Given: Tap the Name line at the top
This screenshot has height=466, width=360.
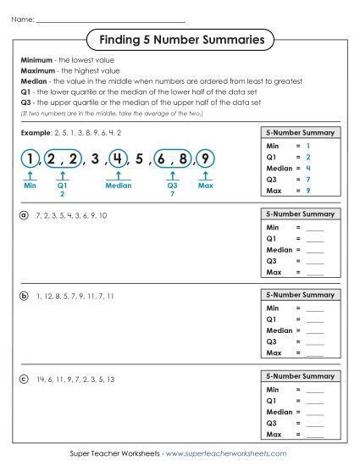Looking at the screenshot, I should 111,19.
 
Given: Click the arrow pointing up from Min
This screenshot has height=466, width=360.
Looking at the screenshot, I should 30,175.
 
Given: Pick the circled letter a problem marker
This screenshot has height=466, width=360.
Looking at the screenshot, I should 25,215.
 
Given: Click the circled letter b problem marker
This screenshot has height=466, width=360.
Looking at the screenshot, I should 25,295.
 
